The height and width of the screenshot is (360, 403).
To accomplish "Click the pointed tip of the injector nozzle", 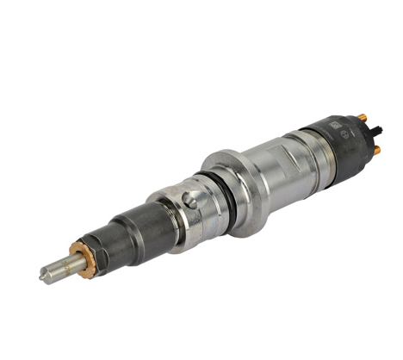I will pyautogui.click(x=42, y=277).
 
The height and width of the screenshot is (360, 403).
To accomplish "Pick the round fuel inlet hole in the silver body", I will pyautogui.click(x=189, y=201).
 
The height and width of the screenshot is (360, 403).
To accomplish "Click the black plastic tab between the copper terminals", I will pyautogui.click(x=376, y=129).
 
